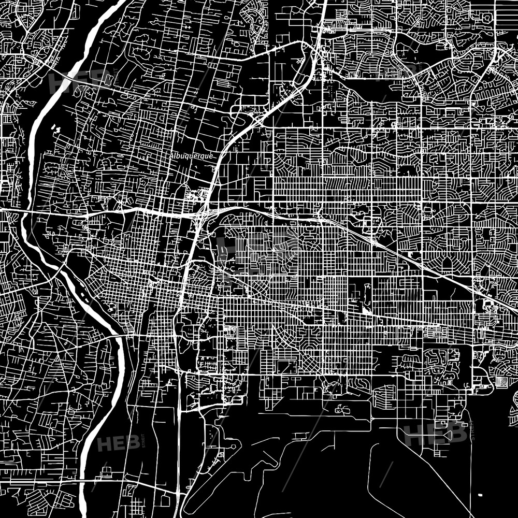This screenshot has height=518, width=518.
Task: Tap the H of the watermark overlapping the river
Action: (57, 81)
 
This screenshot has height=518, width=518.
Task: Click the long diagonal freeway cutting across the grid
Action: (414, 259)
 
